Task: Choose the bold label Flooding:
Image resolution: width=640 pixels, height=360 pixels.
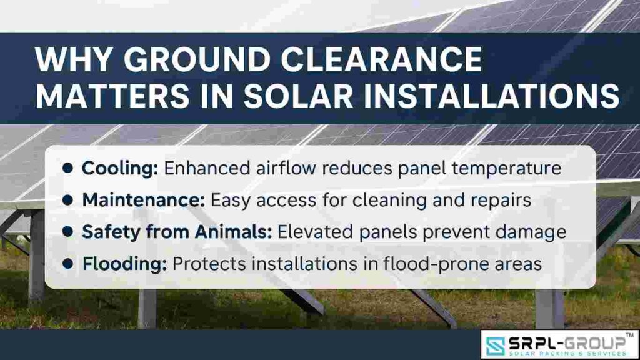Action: point(124,264)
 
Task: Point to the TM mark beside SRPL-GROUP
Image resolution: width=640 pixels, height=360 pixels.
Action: point(629,336)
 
